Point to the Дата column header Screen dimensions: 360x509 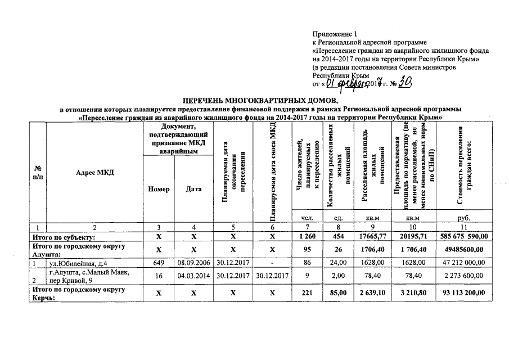click(x=193, y=190)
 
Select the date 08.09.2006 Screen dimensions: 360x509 click(x=193, y=263)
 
